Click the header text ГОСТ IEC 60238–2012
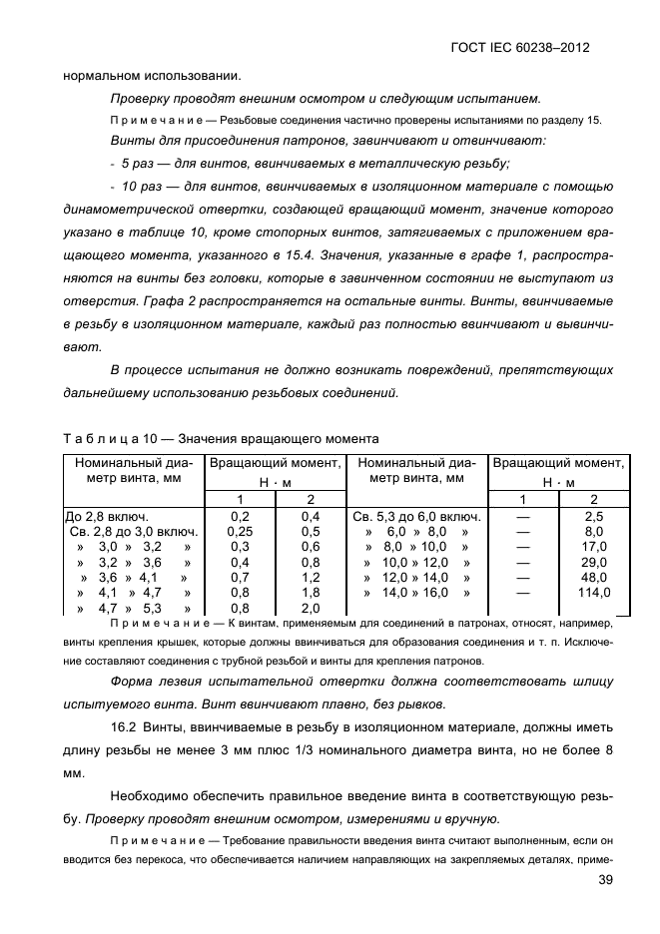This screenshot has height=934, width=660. click(532, 47)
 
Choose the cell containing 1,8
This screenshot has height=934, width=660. click(310, 593)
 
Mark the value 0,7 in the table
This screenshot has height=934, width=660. click(240, 577)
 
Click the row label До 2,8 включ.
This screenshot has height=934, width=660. click(107, 517)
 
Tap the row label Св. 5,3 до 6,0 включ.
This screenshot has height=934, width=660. click(416, 517)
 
